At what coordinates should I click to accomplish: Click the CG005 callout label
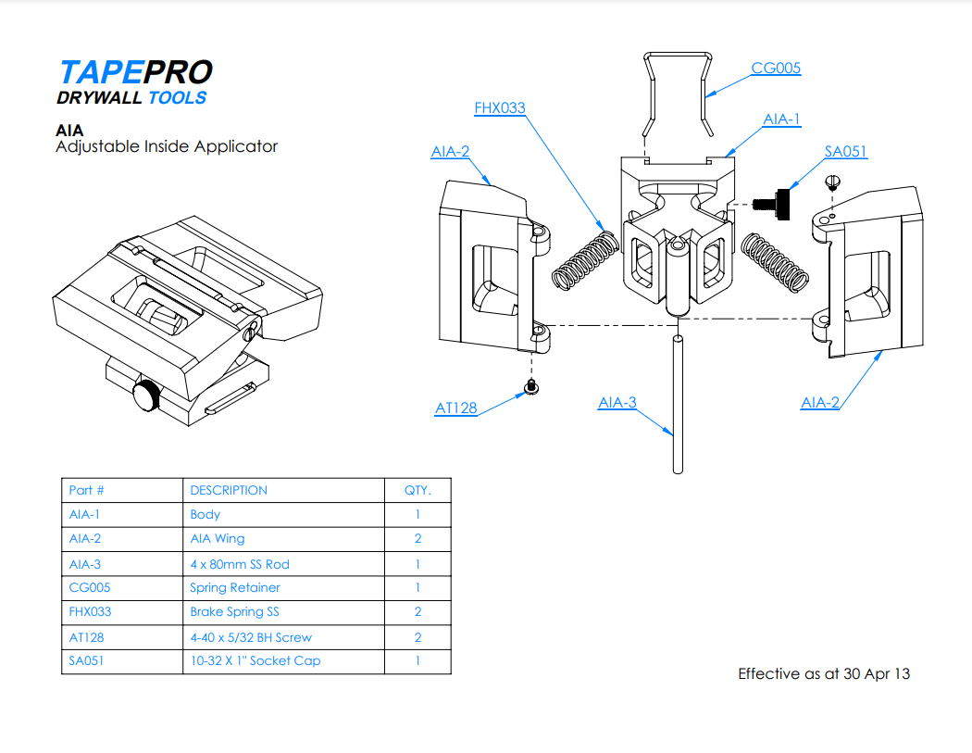coord(776,68)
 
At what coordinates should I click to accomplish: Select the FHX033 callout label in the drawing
coord(499,108)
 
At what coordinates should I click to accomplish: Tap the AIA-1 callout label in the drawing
coord(781,119)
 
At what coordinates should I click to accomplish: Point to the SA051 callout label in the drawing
coord(846,152)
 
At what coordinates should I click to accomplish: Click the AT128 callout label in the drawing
coord(456,408)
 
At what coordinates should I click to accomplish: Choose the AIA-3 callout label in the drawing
coord(617,403)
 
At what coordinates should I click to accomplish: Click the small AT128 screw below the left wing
coord(531,387)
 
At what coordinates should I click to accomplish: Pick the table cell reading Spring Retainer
coord(235,588)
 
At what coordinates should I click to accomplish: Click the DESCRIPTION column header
coord(229,491)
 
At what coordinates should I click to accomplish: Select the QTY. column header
coord(417,491)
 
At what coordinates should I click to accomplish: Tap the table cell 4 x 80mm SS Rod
coord(240,564)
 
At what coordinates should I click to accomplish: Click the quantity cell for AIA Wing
coord(417,539)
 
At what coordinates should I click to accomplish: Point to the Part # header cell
coord(87,491)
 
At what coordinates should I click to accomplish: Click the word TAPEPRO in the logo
coord(135,72)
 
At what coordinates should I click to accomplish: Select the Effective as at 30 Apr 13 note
coord(823,674)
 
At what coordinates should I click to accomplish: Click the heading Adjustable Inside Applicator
coord(167,146)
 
